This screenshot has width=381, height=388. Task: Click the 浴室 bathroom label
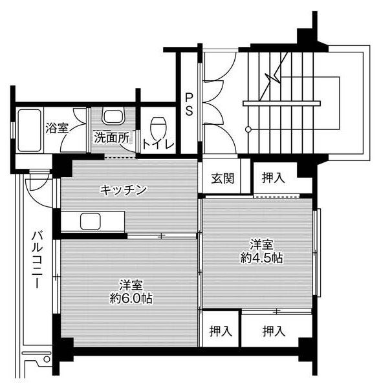pyautogui.click(x=57, y=128)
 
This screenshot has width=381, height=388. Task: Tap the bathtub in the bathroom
pyautogui.click(x=28, y=129)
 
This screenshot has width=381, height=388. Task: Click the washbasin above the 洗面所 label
pyautogui.click(x=113, y=118)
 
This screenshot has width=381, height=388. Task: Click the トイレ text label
pyautogui.click(x=158, y=144)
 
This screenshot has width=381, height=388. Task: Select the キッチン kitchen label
pyautogui.click(x=123, y=189)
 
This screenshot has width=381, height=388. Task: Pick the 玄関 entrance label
pyautogui.click(x=221, y=178)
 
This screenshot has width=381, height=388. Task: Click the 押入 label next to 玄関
pyautogui.click(x=272, y=178)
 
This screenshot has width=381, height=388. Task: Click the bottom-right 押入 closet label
pyautogui.click(x=274, y=331)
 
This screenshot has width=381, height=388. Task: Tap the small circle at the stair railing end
pyautogui.click(x=248, y=129)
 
